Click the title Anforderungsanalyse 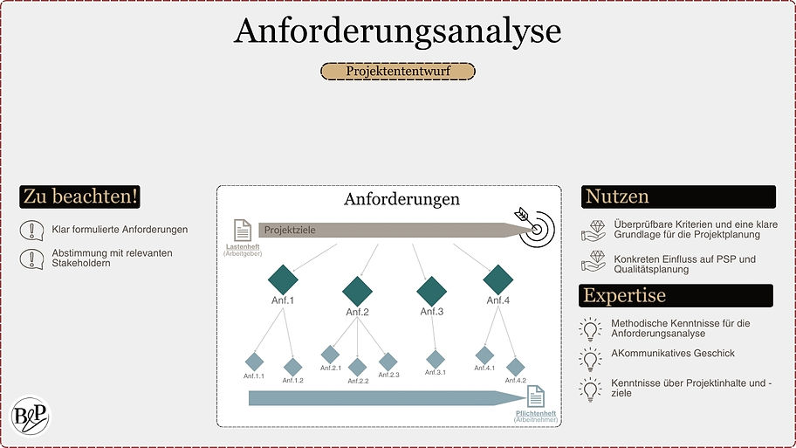(397, 31)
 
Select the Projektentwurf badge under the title (397, 72)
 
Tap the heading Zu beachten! (81, 196)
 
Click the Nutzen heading (617, 196)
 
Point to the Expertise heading (625, 295)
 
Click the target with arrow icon (534, 224)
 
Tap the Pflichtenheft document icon (535, 396)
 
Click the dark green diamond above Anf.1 (283, 279)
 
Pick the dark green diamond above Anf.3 (432, 290)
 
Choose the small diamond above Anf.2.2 (357, 367)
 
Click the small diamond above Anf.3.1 (435, 359)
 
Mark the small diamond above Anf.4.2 (515, 367)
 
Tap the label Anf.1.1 (254, 376)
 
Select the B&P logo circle (31, 416)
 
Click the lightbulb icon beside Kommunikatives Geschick (591, 358)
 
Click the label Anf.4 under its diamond (497, 300)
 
